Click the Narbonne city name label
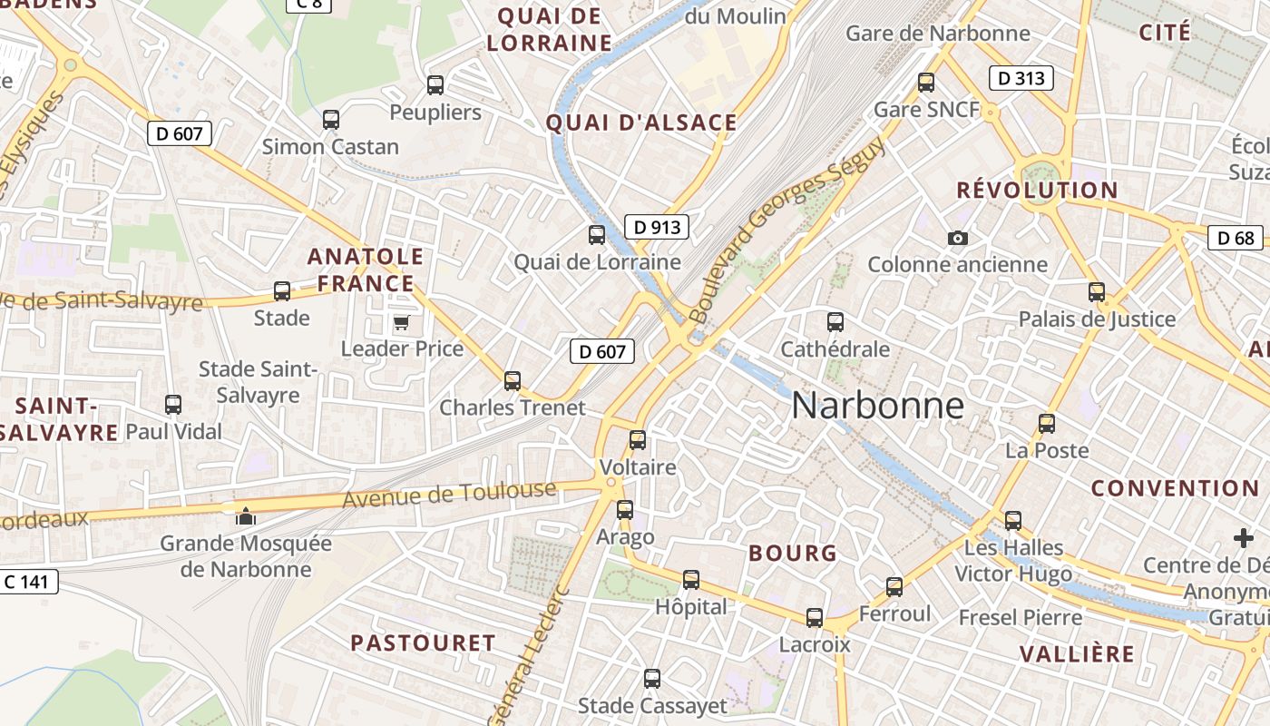(x=877, y=405)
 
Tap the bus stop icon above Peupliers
(x=435, y=85)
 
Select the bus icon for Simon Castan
(x=331, y=119)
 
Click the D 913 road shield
(x=656, y=227)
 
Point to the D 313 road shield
(x=1021, y=78)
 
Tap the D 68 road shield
(x=1236, y=238)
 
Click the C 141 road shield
(x=29, y=582)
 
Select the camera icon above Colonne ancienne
(x=957, y=238)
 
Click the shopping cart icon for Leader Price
(x=401, y=322)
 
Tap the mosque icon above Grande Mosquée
(x=245, y=516)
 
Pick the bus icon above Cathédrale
(x=835, y=321)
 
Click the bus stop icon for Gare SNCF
(x=926, y=82)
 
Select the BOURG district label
(x=792, y=553)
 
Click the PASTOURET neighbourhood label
(x=423, y=643)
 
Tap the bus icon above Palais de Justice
(x=1097, y=292)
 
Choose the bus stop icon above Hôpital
(x=691, y=579)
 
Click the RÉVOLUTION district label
(x=1038, y=191)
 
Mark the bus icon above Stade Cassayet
(x=652, y=678)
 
